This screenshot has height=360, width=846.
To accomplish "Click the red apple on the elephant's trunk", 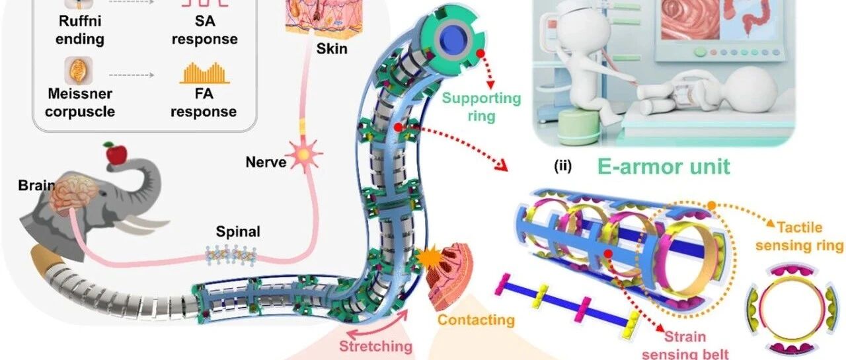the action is tap(116, 153).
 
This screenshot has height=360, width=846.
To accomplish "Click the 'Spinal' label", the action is tap(238, 231).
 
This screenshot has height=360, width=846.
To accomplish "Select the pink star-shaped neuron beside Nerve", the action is tap(303, 154).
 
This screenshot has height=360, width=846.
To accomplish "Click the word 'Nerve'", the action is tap(266, 162).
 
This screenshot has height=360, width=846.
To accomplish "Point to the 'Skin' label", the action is tap(332, 49).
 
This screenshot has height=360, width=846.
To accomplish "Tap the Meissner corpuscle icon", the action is tap(79, 71).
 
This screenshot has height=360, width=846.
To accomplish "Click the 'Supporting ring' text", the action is tap(482, 107).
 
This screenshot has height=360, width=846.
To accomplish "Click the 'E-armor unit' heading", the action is tap(664, 166).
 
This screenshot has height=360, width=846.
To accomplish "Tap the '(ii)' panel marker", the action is tap(562, 166).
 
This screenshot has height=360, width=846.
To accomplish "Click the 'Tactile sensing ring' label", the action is tap(799, 236).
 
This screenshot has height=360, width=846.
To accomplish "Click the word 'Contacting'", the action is tap(477, 320).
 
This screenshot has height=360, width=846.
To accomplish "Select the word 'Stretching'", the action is tap(376, 346).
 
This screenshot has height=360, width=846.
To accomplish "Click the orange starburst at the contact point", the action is tap(430, 258).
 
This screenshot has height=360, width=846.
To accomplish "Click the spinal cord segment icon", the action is tap(231, 256).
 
